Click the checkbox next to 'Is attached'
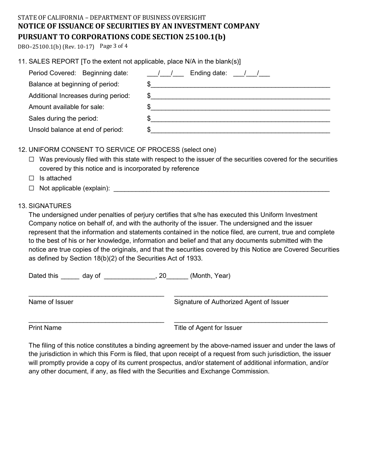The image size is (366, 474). point(32,178)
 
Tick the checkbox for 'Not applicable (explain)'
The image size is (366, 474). point(32,188)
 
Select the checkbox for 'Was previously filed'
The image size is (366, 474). point(32,160)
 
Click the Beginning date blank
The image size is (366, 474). point(165,74)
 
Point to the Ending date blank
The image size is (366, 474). point(252,74)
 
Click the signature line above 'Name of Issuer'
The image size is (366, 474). point(96,295)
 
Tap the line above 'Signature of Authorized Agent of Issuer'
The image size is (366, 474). point(251,295)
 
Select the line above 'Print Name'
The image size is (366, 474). point(96,321)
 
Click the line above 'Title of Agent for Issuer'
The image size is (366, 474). point(251,321)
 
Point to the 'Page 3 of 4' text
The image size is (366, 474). point(114,46)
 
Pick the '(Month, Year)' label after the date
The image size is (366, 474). point(210,276)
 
